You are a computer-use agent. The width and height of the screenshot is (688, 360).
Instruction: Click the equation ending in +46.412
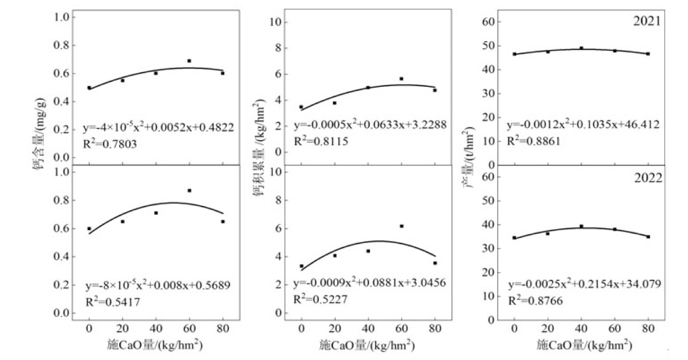click(x=583, y=126)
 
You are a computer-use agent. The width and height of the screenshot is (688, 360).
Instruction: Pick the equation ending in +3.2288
click(x=370, y=126)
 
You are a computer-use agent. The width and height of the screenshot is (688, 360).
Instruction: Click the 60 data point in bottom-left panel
click(x=189, y=190)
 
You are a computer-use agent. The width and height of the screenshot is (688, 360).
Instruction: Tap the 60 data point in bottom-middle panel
click(x=402, y=226)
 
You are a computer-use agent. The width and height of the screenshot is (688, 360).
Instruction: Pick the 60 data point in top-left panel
click(x=189, y=61)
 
